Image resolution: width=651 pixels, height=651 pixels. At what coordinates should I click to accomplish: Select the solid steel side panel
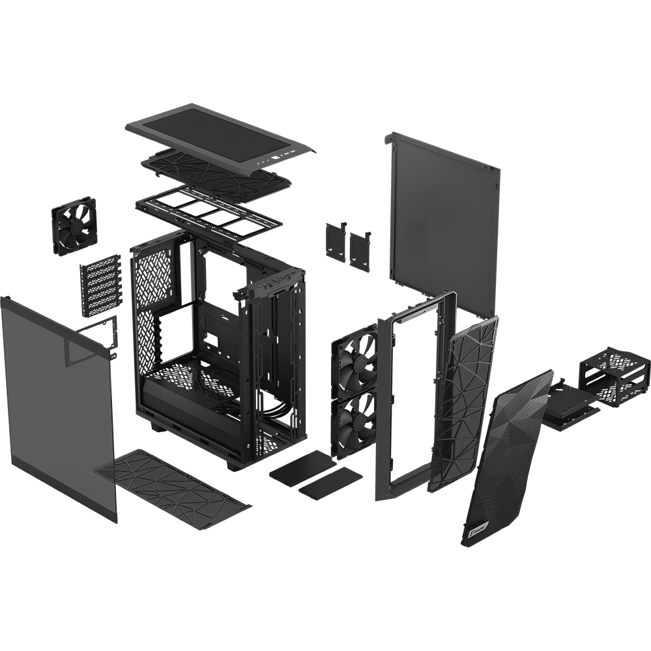click(x=444, y=209)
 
